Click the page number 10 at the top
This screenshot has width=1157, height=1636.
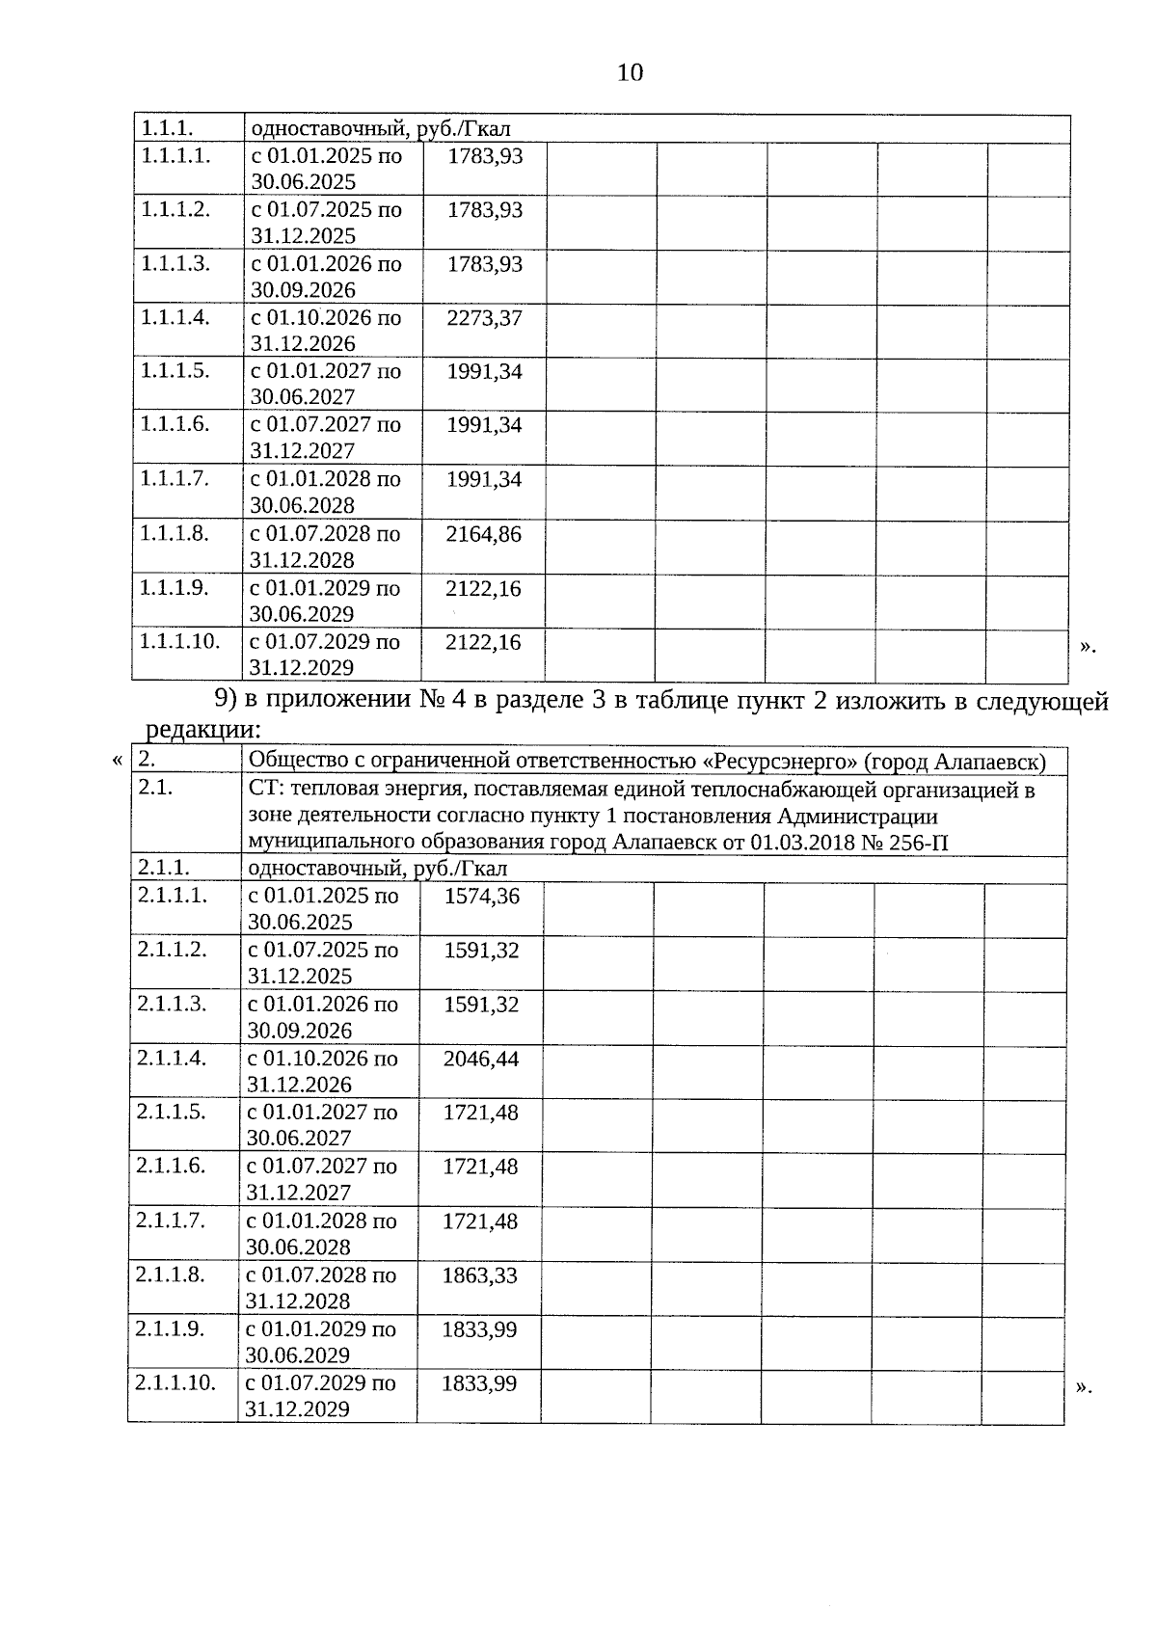tap(630, 72)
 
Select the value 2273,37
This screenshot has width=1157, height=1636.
tap(484, 317)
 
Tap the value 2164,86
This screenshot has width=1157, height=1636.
tap(483, 533)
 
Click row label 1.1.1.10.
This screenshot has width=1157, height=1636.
tap(180, 640)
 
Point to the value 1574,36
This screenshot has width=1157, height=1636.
tap(481, 896)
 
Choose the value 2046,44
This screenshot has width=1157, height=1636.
tap(480, 1059)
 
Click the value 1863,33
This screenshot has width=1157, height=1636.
tap(479, 1275)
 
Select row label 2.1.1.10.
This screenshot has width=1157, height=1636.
tap(175, 1382)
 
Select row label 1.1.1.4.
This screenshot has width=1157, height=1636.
tap(175, 317)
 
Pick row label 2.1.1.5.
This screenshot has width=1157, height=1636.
tap(172, 1112)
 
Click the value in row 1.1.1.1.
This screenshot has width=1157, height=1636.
tap(485, 155)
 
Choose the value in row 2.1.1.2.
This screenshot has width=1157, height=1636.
tap(481, 951)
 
